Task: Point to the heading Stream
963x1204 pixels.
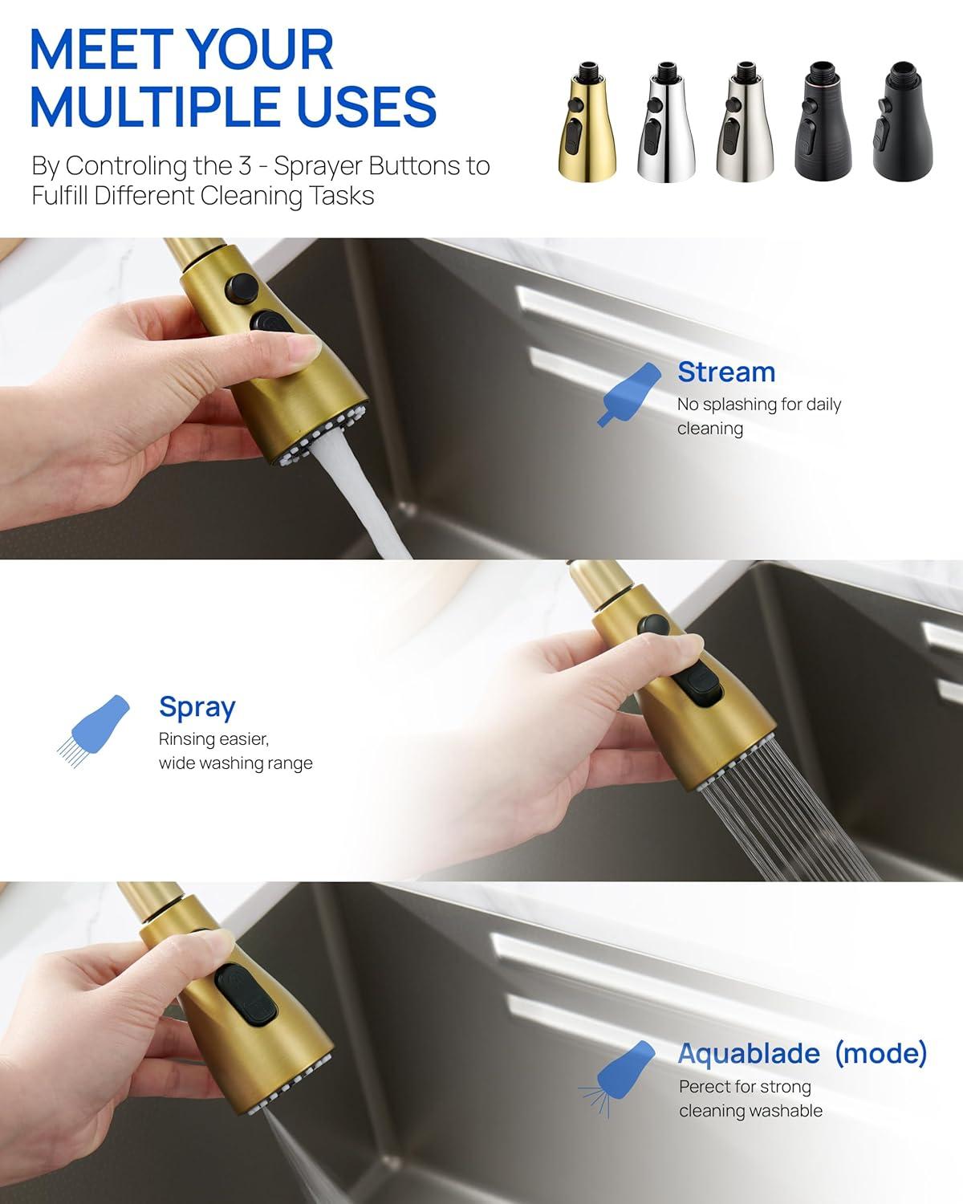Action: (726, 372)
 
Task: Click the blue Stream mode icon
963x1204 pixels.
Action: (628, 393)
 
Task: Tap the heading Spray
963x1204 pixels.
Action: (197, 706)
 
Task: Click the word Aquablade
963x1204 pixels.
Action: (748, 1053)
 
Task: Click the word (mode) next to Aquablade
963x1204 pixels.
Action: (880, 1052)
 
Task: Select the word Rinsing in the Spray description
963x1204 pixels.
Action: (187, 739)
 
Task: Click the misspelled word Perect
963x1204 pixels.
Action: (705, 1087)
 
